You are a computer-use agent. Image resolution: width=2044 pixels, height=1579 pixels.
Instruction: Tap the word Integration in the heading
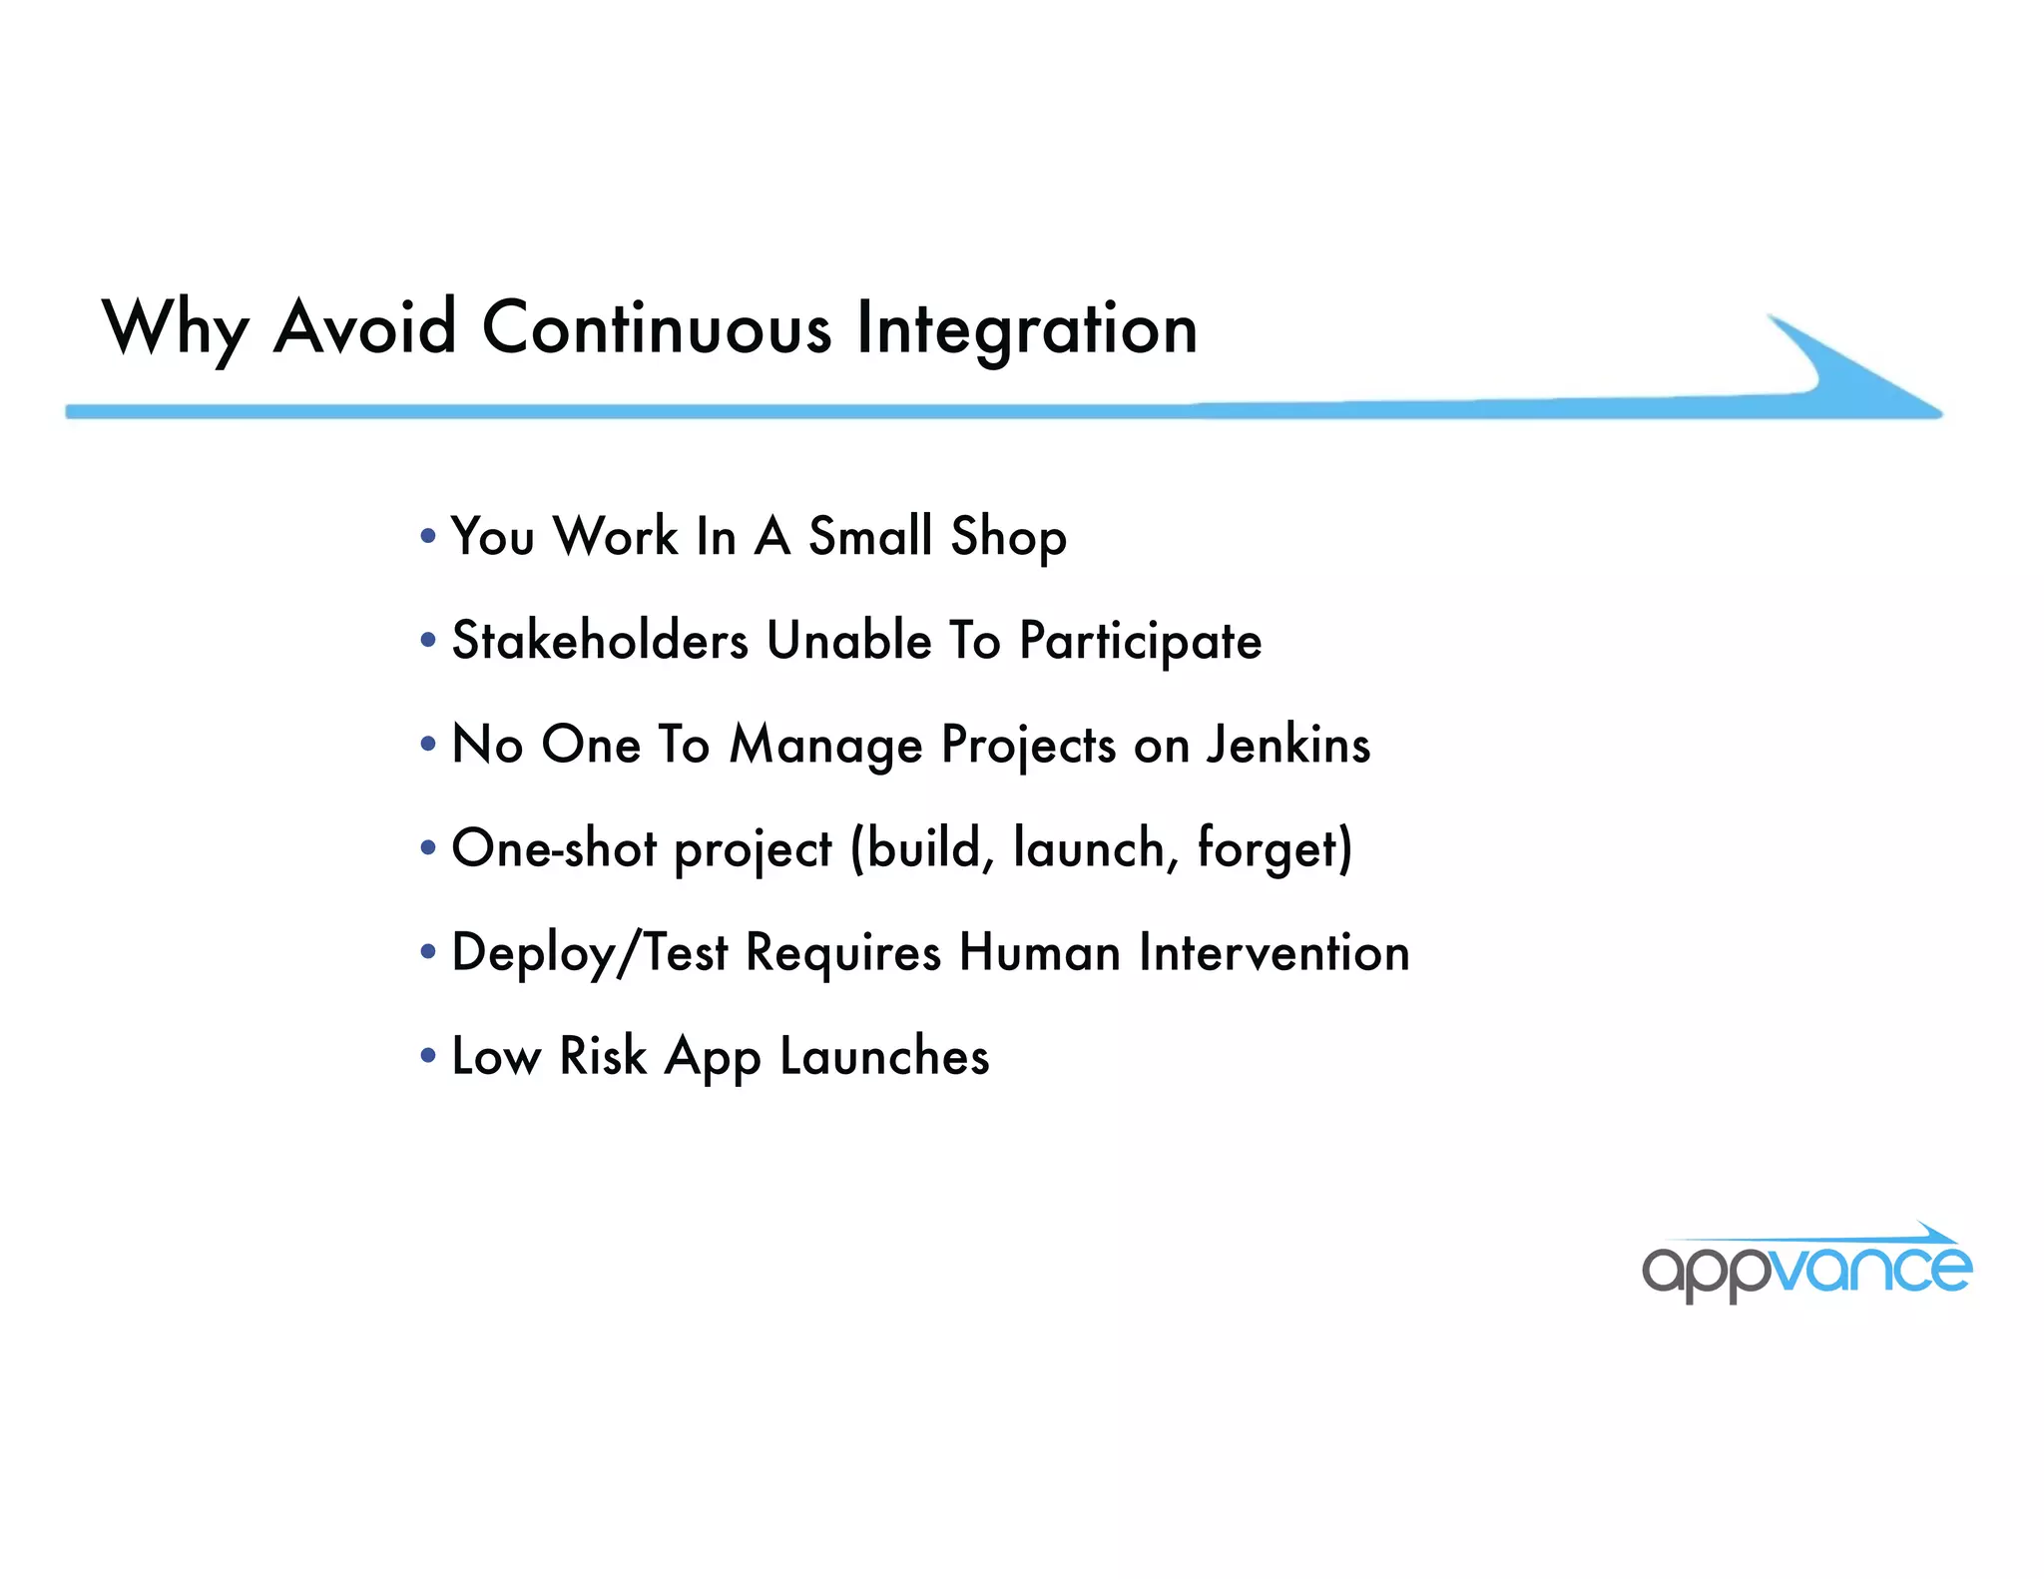point(1027,330)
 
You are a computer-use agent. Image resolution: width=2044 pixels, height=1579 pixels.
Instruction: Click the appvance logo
point(1806,1266)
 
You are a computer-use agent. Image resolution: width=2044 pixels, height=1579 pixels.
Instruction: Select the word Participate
point(1140,642)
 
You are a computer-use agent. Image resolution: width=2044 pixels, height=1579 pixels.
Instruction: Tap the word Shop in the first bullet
point(1008,537)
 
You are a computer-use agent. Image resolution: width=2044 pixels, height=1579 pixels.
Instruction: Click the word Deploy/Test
point(590,953)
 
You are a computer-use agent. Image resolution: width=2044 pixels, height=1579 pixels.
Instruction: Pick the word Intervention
point(1274,952)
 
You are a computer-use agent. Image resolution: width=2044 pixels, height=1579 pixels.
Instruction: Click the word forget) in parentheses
point(1275,849)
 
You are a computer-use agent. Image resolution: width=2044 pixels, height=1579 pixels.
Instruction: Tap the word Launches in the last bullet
point(884,1056)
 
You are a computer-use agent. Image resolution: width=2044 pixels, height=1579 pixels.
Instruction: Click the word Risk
point(603,1056)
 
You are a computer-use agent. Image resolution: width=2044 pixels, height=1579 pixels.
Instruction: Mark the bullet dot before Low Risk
point(428,1056)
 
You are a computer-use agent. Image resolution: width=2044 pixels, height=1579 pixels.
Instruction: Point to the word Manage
point(825,747)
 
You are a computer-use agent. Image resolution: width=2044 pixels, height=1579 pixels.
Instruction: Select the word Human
point(1040,952)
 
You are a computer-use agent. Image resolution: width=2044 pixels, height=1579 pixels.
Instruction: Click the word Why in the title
point(176,329)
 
